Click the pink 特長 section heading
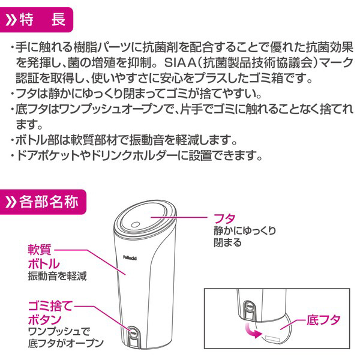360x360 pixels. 43,20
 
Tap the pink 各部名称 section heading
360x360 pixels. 49,202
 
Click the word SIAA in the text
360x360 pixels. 179,63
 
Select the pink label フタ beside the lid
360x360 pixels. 224,218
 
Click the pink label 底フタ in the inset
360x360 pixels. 323,320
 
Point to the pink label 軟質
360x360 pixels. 40,250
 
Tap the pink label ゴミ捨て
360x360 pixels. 50,306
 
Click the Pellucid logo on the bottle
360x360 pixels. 130,257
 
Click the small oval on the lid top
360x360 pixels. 135,224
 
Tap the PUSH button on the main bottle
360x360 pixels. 134,332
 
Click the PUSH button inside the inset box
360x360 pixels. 249,306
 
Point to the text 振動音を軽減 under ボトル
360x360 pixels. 57,276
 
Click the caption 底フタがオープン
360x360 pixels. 65,343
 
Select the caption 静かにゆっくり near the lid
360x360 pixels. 245,231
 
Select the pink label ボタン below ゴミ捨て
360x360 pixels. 44,319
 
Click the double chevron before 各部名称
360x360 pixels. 11,202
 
